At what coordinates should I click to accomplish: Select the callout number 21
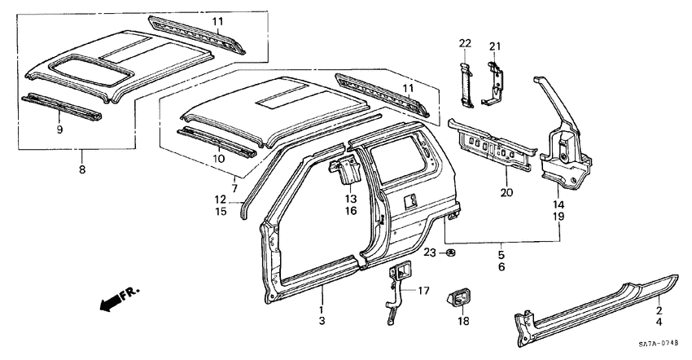(x=496, y=44)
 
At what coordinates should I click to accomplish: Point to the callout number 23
(x=430, y=252)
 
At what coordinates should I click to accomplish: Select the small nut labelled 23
(x=450, y=253)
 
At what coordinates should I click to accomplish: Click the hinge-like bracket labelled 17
(x=396, y=289)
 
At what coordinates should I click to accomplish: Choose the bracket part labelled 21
(x=494, y=81)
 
